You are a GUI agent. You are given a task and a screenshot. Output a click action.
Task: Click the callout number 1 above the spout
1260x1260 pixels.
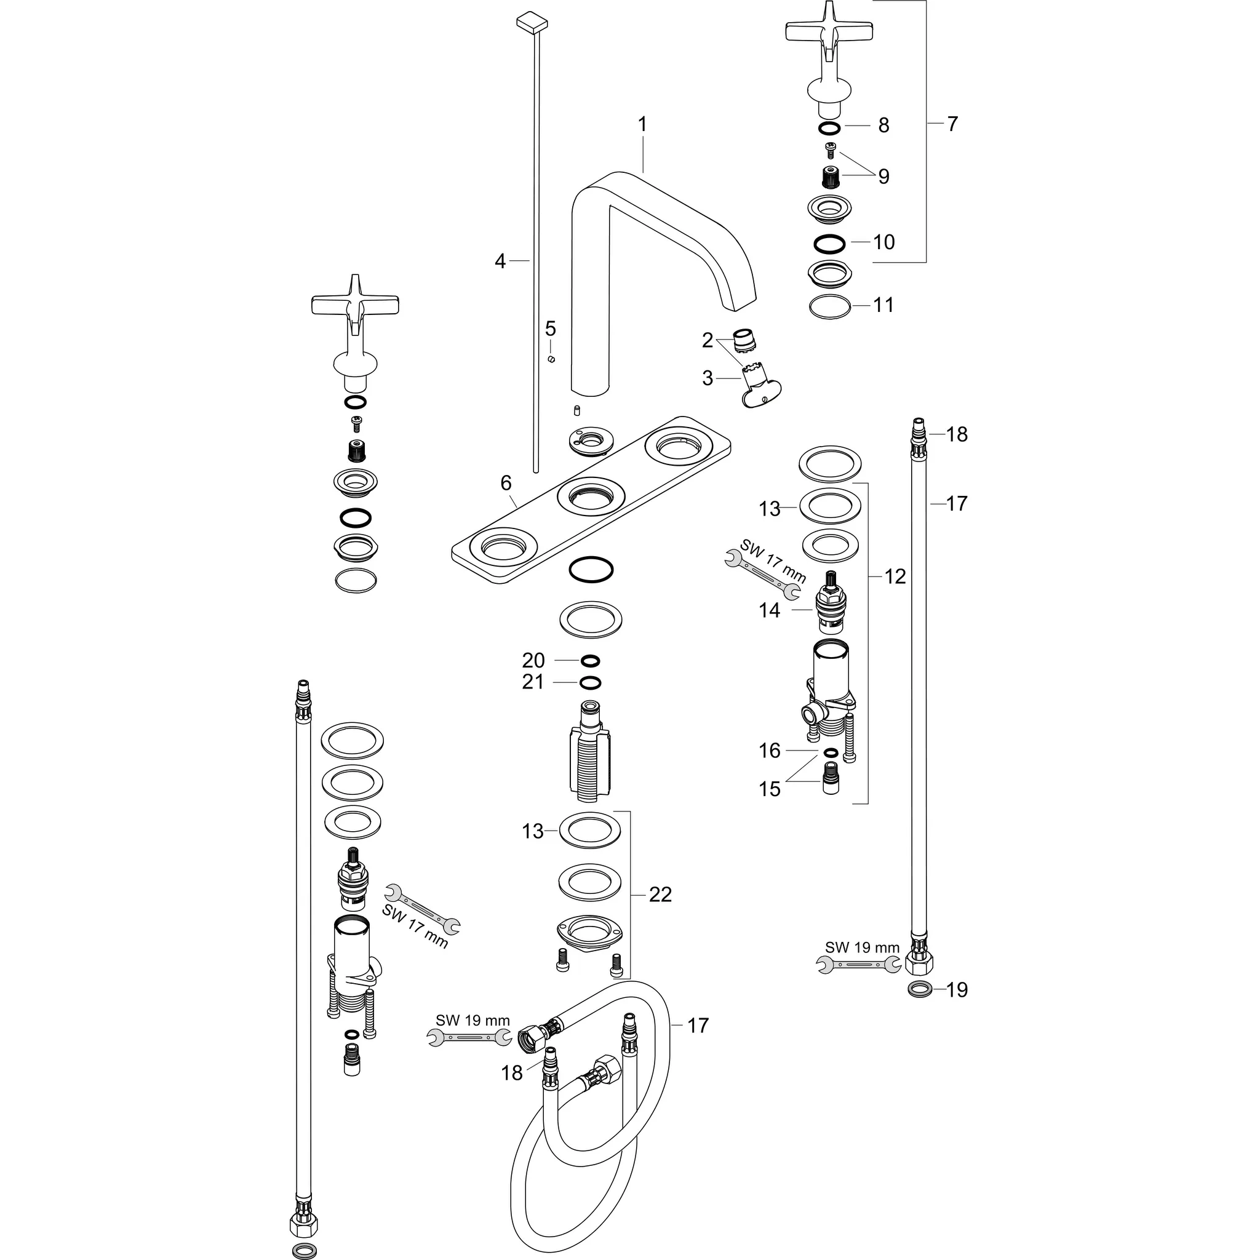[642, 124]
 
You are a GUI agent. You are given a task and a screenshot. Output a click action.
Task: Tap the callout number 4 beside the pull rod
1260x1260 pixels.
[500, 261]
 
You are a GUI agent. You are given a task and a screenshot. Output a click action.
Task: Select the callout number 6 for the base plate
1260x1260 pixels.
[506, 482]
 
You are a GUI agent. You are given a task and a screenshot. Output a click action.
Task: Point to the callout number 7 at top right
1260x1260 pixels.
[953, 124]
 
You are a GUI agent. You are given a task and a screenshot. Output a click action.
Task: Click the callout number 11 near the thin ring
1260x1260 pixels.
[883, 305]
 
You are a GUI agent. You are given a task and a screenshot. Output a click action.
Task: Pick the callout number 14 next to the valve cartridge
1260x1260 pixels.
[770, 610]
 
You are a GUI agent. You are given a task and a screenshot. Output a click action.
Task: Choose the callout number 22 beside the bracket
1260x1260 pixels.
[660, 894]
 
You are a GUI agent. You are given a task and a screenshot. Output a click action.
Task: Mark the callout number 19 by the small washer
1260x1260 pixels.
[957, 990]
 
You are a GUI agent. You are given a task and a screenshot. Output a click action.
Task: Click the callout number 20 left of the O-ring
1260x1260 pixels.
[533, 661]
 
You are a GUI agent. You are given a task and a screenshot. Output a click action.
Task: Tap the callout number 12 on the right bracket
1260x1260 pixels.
[895, 576]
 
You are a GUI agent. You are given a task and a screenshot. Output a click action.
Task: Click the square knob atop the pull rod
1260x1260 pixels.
[530, 22]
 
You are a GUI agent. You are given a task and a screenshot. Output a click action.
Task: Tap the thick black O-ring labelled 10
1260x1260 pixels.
[829, 244]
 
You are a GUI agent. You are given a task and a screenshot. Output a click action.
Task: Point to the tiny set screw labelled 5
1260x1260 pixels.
[551, 359]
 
